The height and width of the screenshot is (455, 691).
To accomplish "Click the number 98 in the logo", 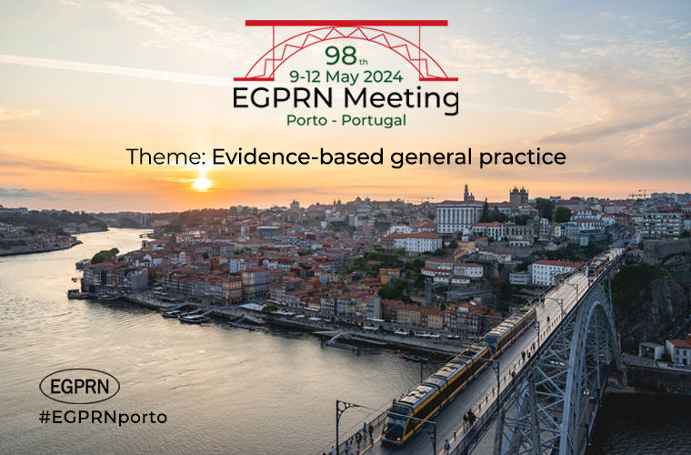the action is pos(341,56).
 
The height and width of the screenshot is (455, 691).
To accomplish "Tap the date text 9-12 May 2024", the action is pos(345,76).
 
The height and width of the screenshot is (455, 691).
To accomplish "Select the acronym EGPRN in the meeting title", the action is pos(283,98).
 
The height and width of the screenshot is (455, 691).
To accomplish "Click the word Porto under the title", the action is pos(307,120).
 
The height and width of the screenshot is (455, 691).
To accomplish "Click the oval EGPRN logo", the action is pos(80,386).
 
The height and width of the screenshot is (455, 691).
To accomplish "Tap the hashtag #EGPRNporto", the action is pos(103,417).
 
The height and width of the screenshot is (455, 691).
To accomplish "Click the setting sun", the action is pos(202,184).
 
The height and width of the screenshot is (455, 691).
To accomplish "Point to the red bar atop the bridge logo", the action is pos(346,23).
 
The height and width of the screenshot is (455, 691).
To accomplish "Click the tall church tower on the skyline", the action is pos(466,193).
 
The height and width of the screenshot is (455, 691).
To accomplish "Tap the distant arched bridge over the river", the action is pos(131,220).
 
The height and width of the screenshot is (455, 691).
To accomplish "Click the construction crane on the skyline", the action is pos(642,194).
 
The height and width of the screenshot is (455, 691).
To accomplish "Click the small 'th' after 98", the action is pos(363,62).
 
